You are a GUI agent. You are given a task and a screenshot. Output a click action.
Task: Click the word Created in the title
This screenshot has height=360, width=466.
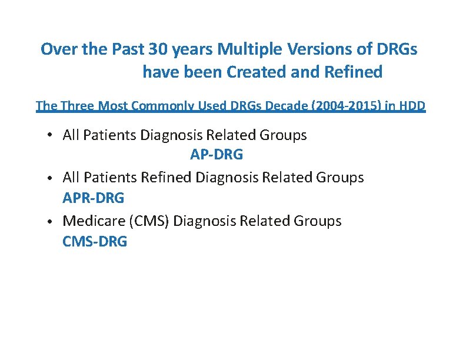[x=254, y=72]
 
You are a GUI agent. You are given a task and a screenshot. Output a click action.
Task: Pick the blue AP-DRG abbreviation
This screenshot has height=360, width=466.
[x=217, y=155]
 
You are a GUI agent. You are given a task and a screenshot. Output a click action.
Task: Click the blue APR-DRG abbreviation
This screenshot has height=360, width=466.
[x=94, y=198]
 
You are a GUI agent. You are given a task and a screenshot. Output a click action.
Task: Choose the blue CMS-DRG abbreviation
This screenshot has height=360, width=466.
[x=95, y=242]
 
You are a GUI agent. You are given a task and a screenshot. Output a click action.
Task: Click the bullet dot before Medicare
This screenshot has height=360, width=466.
[x=51, y=222]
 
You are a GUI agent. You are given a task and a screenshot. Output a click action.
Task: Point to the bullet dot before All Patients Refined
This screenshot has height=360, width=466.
[x=51, y=178]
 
